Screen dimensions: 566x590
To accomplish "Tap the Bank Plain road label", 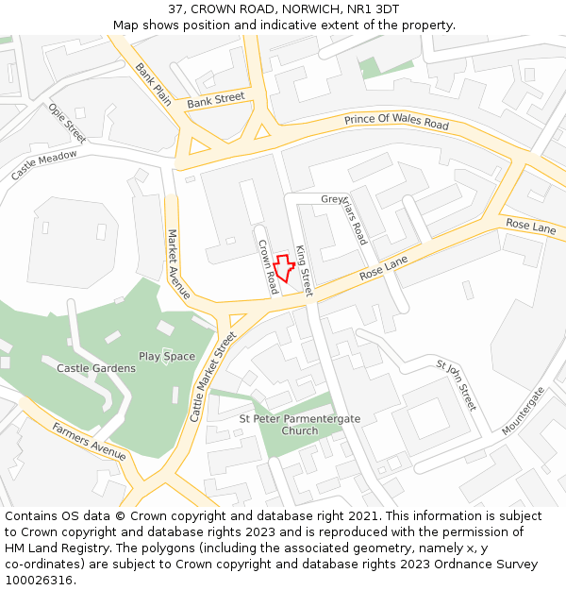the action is (x=153, y=83).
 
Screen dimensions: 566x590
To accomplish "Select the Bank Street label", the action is (x=215, y=99).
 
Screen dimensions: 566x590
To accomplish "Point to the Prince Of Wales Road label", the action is (x=396, y=122).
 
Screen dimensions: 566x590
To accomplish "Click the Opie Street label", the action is (x=67, y=123).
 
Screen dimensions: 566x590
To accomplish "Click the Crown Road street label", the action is (x=268, y=266).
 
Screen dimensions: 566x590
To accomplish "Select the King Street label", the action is (x=304, y=270).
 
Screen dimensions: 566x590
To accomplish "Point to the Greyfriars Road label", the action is (x=345, y=216).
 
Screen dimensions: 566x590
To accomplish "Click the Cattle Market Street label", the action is (x=213, y=376).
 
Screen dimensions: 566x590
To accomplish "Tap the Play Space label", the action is (x=167, y=357).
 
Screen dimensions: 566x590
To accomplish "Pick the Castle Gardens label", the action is (x=96, y=368).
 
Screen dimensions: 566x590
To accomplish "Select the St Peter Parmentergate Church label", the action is (x=292, y=425).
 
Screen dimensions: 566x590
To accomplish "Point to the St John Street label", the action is (x=457, y=384).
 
